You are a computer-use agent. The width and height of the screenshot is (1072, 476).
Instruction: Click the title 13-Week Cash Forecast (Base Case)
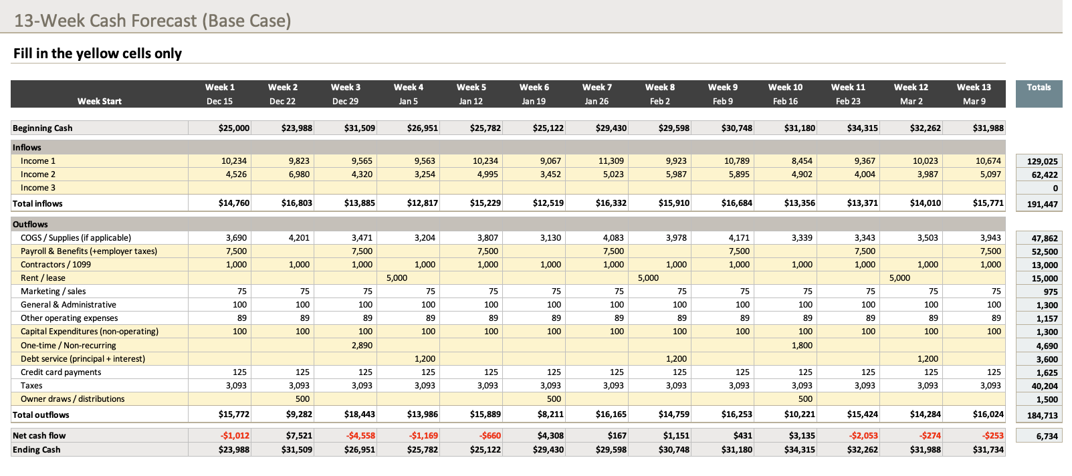(152, 20)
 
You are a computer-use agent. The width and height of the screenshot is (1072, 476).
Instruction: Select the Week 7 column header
(597, 87)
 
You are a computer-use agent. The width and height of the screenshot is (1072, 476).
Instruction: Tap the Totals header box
(1039, 88)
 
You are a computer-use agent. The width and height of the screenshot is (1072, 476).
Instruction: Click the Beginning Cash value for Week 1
(233, 128)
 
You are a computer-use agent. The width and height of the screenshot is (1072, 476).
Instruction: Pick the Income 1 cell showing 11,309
(611, 161)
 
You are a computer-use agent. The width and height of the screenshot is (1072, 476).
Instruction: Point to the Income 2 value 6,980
(299, 174)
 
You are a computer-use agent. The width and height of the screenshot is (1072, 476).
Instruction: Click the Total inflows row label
(37, 204)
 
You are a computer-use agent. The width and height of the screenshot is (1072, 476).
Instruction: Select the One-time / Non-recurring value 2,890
(362, 346)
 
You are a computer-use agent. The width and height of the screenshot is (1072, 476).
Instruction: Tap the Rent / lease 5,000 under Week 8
(648, 278)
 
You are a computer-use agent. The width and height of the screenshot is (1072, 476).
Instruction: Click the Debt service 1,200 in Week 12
(928, 359)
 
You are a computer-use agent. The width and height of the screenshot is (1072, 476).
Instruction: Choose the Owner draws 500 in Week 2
(302, 399)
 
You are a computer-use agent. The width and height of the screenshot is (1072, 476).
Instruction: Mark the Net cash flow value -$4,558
(360, 436)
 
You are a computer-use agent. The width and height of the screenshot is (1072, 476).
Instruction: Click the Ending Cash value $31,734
(988, 450)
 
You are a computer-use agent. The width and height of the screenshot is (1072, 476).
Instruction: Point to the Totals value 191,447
(1042, 205)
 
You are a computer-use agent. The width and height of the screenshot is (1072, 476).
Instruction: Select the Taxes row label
(31, 386)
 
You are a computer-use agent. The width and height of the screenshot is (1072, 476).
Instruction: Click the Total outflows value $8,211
(550, 414)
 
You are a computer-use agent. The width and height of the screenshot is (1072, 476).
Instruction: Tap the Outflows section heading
(30, 225)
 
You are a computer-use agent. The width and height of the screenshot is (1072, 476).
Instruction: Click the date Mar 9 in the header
(974, 102)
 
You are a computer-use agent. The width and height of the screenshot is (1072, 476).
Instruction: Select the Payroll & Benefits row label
(88, 251)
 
